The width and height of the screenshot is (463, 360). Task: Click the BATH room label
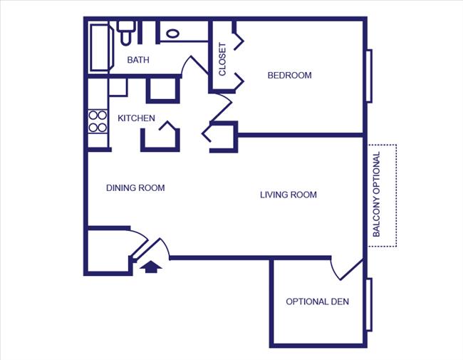click(x=138, y=61)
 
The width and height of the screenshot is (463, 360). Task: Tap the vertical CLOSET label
click(x=222, y=58)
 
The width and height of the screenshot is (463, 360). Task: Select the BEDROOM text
click(x=289, y=76)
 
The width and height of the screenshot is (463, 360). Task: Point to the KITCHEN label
click(x=136, y=118)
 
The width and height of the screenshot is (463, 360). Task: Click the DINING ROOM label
click(x=135, y=188)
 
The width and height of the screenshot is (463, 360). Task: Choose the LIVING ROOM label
click(x=288, y=195)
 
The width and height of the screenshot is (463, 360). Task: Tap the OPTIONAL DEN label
click(x=317, y=302)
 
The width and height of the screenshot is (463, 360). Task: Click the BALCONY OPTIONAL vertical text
click(x=377, y=195)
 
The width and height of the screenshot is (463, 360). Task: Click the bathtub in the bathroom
click(x=99, y=47)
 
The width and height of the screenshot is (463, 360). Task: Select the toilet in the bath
click(x=127, y=33)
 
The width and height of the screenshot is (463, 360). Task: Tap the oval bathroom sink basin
click(x=172, y=33)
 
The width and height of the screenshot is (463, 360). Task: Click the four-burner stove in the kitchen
click(x=97, y=121)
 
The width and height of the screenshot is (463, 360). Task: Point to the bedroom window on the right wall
click(x=369, y=76)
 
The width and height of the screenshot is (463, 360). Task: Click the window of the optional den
click(x=369, y=304)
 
